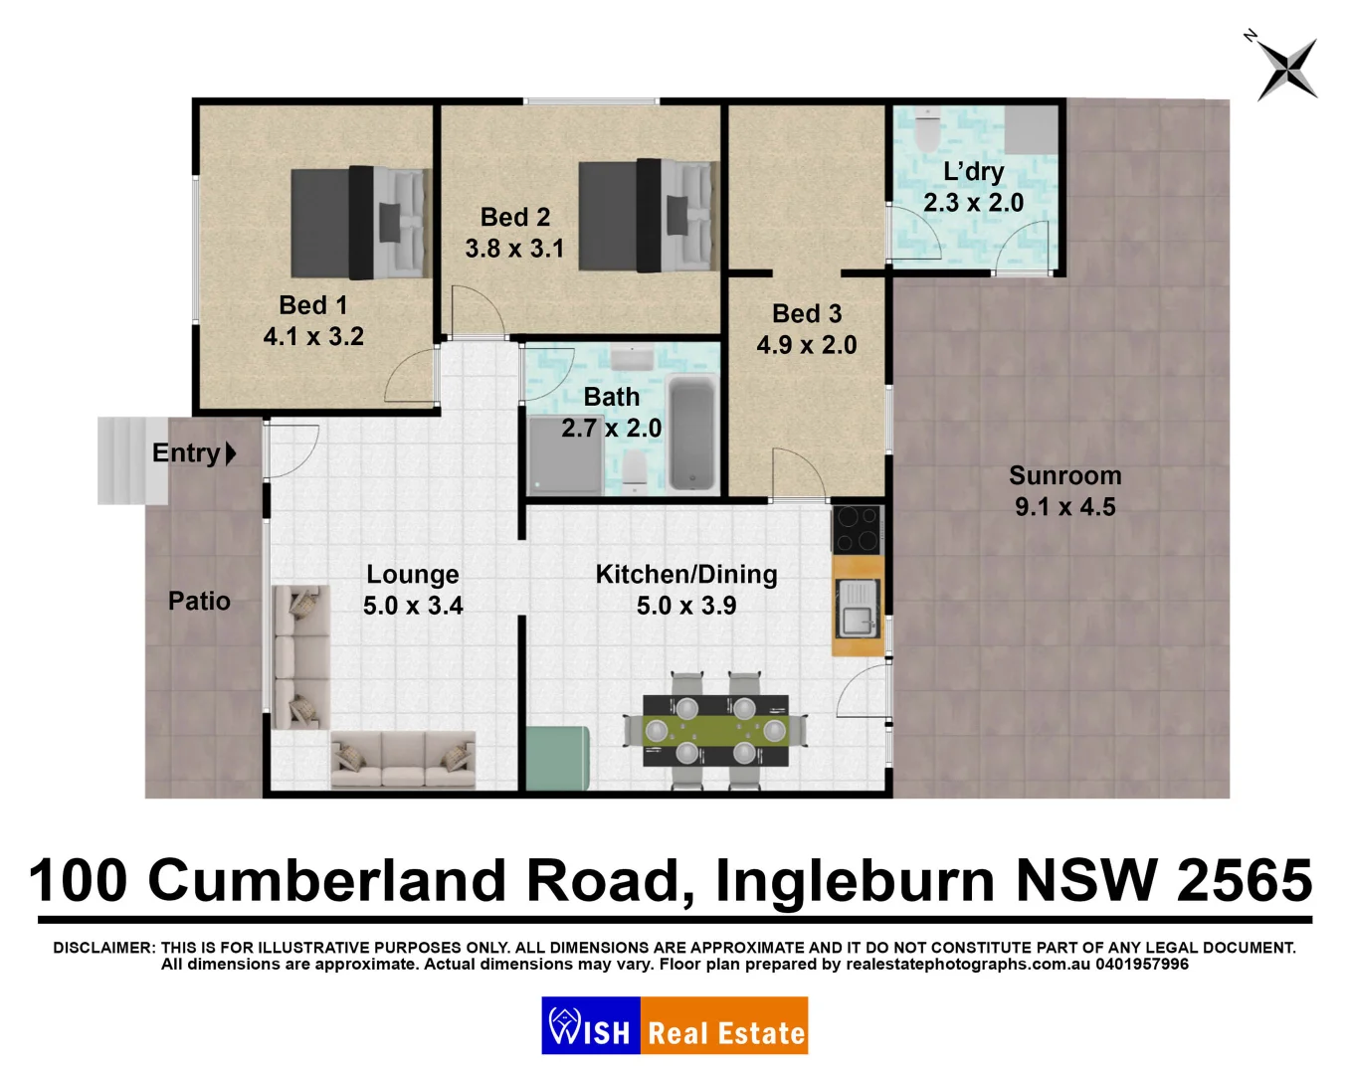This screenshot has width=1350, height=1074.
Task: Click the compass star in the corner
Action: click(1287, 69)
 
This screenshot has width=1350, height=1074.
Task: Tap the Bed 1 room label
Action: click(312, 305)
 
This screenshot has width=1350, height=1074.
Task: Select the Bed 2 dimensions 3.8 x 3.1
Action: click(514, 249)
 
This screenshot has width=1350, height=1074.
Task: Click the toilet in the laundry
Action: click(927, 128)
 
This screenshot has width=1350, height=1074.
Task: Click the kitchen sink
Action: click(857, 608)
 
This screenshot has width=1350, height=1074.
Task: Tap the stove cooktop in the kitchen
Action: click(857, 529)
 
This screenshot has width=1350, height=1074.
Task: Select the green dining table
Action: click(715, 730)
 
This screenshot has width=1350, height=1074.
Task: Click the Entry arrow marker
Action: click(231, 453)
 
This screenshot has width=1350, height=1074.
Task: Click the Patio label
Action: click(199, 602)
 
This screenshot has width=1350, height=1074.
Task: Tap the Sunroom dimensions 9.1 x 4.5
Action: click(1064, 507)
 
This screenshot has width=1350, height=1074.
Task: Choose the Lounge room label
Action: click(412, 575)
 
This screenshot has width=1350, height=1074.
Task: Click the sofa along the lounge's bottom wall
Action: click(402, 760)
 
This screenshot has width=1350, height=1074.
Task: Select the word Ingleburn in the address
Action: click(855, 881)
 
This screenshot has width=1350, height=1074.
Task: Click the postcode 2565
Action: click(1244, 881)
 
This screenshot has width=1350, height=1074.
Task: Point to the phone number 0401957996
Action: click(1142, 965)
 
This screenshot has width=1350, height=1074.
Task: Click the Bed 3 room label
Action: click(807, 314)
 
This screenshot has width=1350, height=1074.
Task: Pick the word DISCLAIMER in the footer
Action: click(103, 948)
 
